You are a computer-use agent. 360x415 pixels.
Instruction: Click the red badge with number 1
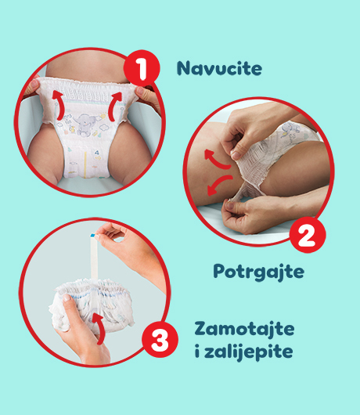[x=142, y=68]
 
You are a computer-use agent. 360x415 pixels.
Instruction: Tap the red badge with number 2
[x=308, y=235]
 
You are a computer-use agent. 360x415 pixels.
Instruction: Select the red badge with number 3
[x=160, y=340]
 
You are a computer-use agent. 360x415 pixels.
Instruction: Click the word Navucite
[x=219, y=68]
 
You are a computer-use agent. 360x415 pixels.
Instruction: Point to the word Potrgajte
[x=259, y=272]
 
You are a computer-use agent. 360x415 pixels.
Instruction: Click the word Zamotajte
[x=244, y=329]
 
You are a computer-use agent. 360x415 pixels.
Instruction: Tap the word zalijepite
[x=249, y=352]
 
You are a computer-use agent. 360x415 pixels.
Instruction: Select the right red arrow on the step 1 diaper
[x=115, y=106]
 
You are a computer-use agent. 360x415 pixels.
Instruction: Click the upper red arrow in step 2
[x=217, y=160]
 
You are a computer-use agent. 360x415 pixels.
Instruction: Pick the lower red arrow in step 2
[x=218, y=184]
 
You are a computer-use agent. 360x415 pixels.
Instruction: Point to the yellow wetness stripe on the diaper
[x=85, y=164]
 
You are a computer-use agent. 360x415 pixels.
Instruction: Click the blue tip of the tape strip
[x=92, y=235]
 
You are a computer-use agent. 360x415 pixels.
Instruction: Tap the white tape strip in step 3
[x=94, y=257]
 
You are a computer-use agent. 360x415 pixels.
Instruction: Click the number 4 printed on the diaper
[x=97, y=153]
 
